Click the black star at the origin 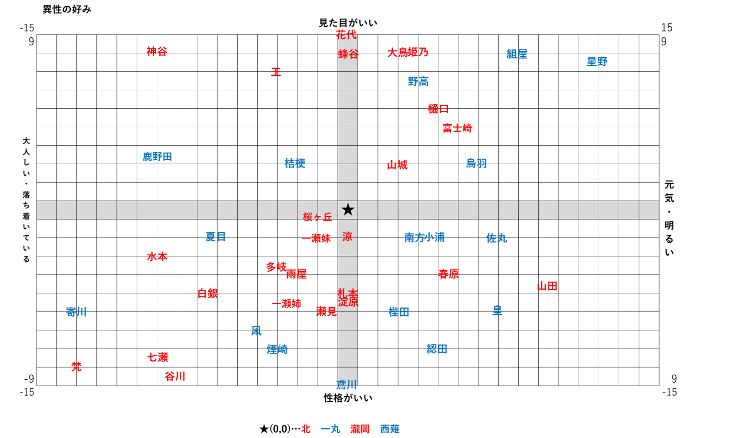348,210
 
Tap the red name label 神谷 157,51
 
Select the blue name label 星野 597,61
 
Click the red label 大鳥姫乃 408,52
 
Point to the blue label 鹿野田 157,157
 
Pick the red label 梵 76,367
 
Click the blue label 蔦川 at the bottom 347,384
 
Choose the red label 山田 547,286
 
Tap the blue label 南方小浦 424,237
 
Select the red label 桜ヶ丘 318,217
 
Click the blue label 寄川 76,312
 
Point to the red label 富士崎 457,128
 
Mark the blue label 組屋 517,54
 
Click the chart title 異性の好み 67,9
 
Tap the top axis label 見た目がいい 348,23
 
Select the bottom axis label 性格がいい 348,398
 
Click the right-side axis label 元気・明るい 669,219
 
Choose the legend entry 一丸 330,429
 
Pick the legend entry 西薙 389,429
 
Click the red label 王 276,72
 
